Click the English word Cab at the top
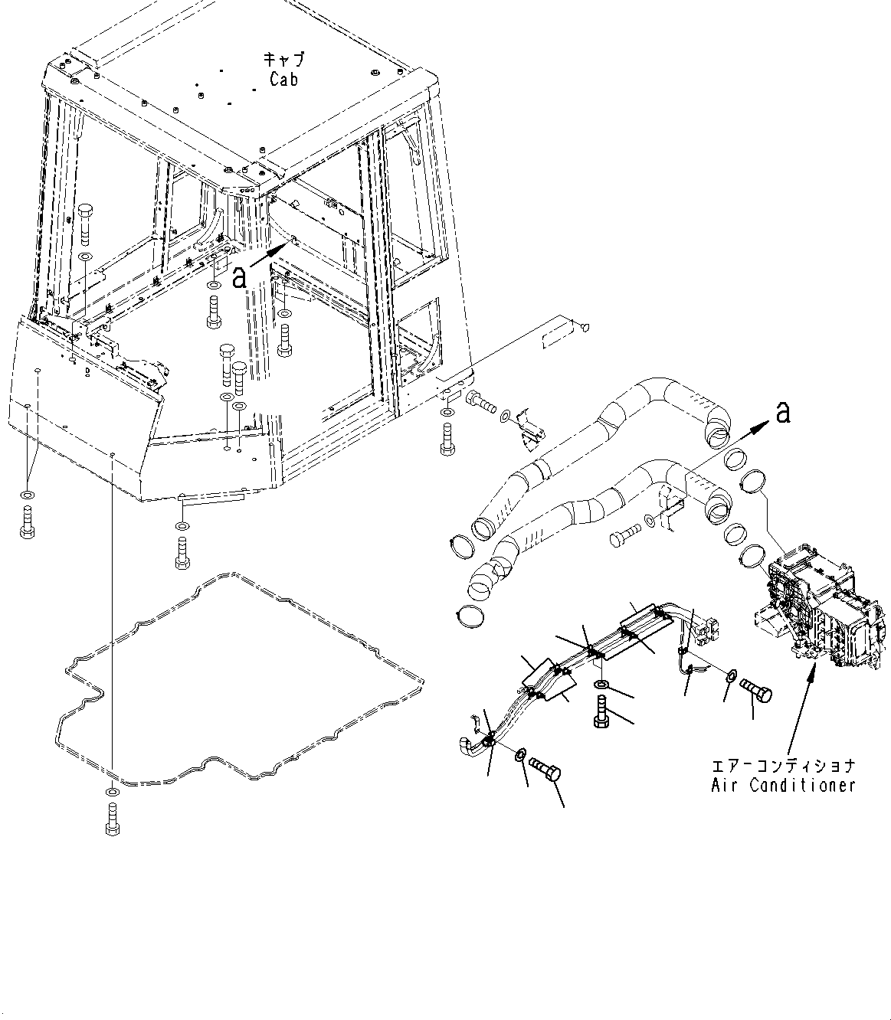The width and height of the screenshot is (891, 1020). [283, 78]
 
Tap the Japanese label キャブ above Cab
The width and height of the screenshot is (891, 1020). [283, 60]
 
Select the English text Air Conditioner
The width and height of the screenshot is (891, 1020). [782, 785]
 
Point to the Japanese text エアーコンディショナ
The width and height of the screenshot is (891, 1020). [782, 765]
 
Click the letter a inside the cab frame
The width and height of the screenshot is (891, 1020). [239, 277]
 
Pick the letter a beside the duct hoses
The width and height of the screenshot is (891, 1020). [781, 413]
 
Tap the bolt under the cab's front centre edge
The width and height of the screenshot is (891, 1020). [182, 553]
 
